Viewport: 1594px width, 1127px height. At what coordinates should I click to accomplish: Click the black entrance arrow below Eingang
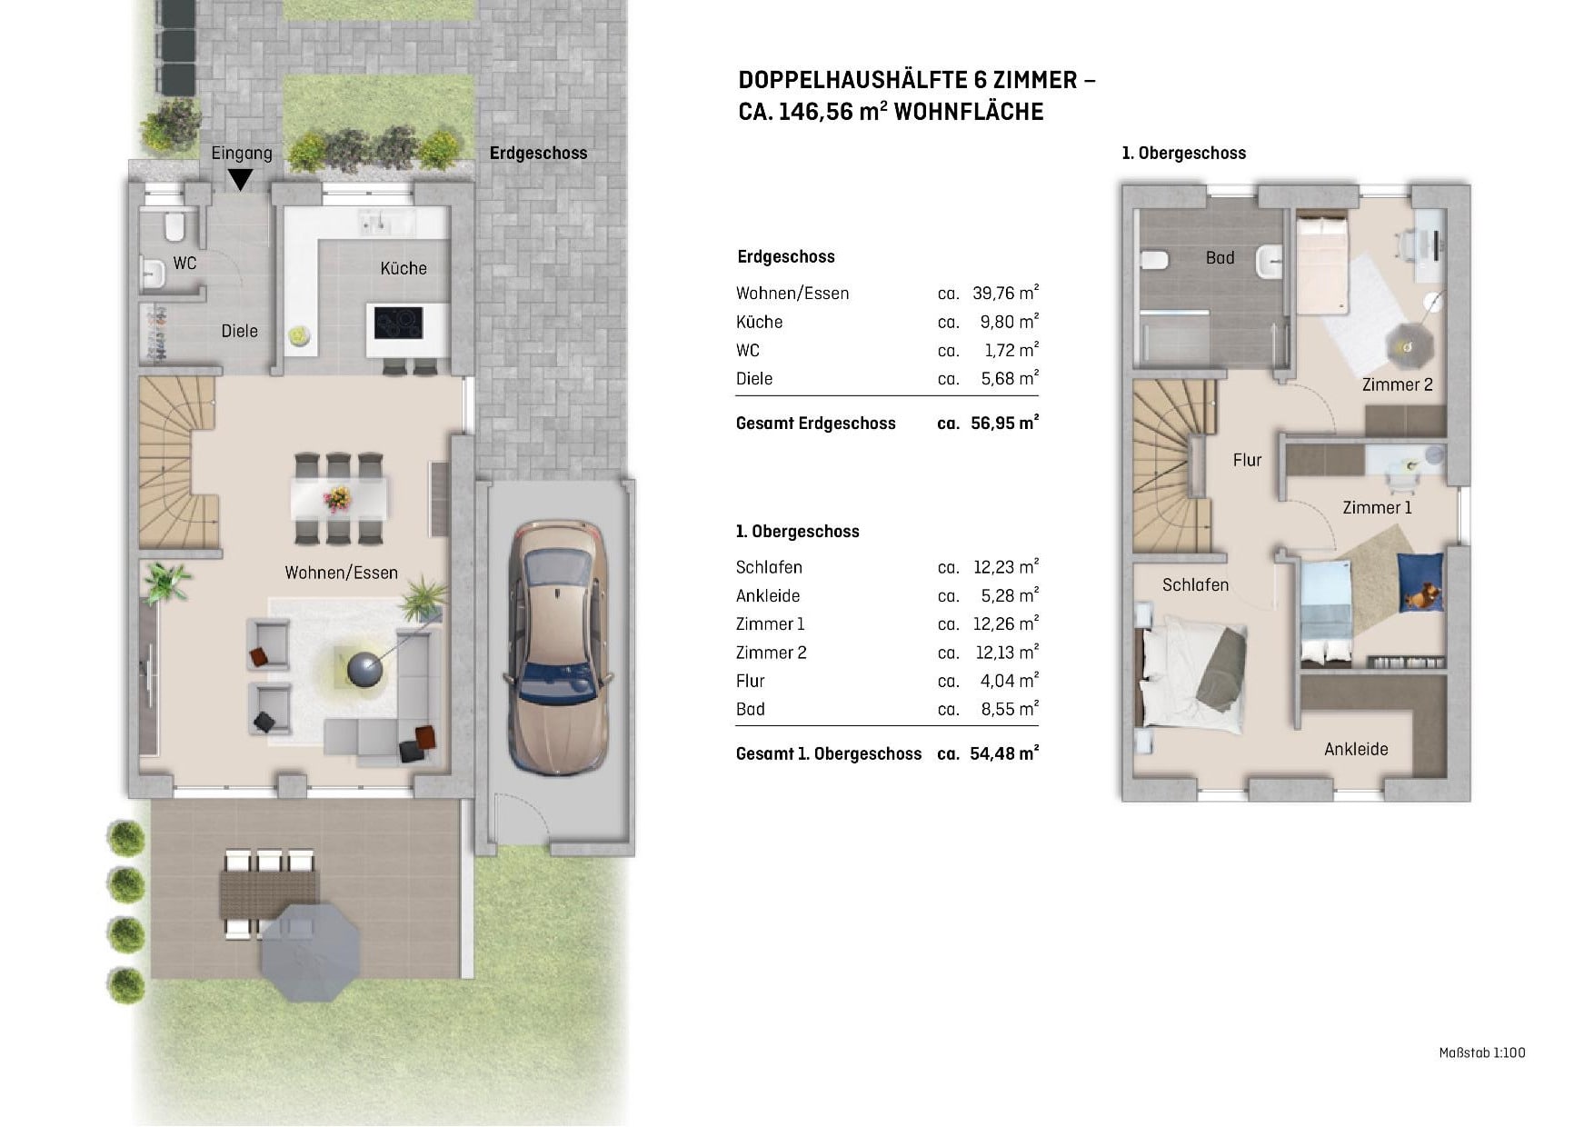[x=240, y=180]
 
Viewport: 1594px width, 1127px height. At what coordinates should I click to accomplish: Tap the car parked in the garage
[x=555, y=647]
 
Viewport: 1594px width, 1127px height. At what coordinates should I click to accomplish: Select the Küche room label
[x=403, y=268]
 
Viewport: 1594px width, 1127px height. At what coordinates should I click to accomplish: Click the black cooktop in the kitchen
[x=399, y=323]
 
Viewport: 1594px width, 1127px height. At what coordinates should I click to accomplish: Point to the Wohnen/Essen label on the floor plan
[x=342, y=573]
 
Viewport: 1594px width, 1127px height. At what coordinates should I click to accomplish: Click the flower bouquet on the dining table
[x=338, y=498]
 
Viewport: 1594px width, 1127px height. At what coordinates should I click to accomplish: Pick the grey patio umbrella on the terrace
[x=310, y=952]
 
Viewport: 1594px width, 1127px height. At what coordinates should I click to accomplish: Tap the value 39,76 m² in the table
[x=1005, y=293]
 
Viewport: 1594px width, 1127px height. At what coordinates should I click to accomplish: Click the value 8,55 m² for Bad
[x=1010, y=709]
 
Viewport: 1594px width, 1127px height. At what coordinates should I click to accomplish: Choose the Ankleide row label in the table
[x=768, y=595]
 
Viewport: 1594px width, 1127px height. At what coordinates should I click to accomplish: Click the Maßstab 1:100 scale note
[x=1482, y=1052]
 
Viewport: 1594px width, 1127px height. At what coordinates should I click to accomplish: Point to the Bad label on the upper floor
[x=1220, y=258]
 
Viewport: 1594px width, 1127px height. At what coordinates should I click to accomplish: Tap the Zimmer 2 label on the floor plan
[x=1397, y=384]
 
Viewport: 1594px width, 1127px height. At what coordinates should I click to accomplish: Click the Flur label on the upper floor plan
[x=1247, y=460]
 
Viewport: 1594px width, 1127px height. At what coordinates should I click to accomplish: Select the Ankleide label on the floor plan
[x=1356, y=749]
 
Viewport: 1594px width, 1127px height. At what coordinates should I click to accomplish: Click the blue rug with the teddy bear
[x=1419, y=581]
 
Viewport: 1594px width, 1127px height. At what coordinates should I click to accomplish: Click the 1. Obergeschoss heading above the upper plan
[x=1183, y=153]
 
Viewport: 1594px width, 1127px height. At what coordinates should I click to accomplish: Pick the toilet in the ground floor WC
[x=174, y=225]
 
